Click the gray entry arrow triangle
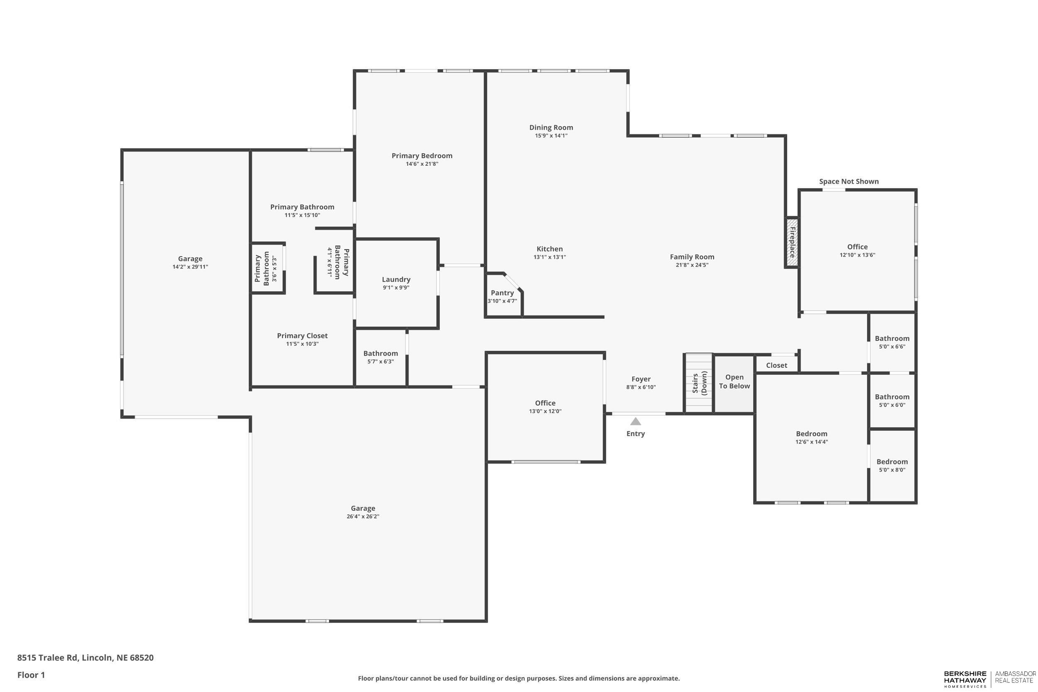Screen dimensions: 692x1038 click(x=635, y=421)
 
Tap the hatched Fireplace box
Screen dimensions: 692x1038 click(x=791, y=242)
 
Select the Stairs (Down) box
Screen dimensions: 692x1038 click(x=698, y=383)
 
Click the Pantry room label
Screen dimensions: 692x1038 click(x=502, y=293)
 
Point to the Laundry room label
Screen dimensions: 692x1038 click(x=396, y=279)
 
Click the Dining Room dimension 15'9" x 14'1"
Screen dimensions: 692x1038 click(x=551, y=136)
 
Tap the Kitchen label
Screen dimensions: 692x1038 click(x=549, y=249)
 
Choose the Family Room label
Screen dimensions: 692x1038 click(x=692, y=257)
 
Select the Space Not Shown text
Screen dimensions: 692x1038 click(x=848, y=181)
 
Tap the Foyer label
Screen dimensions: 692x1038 click(x=641, y=379)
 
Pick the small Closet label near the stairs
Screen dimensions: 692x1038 click(x=776, y=365)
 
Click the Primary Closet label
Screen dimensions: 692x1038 click(x=302, y=336)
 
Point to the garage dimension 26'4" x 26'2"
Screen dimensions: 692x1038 click(x=363, y=516)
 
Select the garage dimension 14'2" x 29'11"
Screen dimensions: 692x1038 click(x=190, y=267)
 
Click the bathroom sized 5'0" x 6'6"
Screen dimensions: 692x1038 click(x=892, y=342)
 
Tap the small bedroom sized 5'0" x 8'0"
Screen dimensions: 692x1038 click(x=892, y=465)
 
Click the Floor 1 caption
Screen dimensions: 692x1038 click(x=31, y=675)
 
